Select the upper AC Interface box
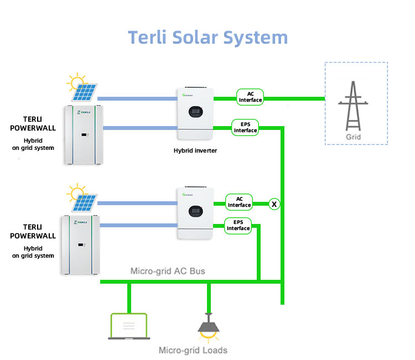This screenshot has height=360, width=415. [250, 97]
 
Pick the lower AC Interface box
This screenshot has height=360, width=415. [239, 202]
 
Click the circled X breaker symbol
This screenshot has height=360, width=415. [274, 204]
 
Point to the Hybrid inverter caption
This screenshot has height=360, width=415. [195, 150]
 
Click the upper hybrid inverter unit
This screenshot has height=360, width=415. [195, 114]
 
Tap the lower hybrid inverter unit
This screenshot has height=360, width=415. [195, 213]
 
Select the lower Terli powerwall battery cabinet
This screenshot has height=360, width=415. [82, 245]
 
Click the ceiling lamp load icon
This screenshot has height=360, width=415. [209, 326]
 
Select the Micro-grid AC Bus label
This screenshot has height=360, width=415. [167, 272]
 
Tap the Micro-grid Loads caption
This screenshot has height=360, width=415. [193, 350]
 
